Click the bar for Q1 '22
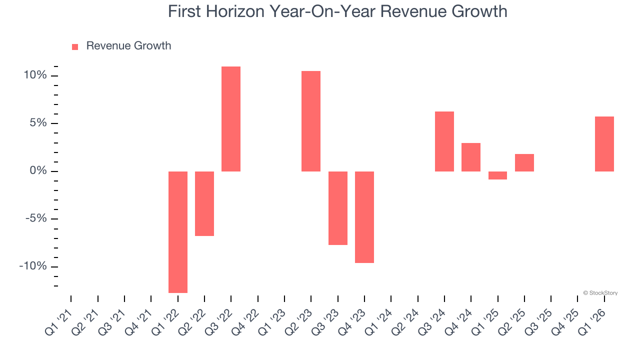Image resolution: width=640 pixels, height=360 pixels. pos(178,232)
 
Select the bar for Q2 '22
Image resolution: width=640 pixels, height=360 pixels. pos(204,203)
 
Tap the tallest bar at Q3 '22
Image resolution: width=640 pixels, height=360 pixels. pos(231,119)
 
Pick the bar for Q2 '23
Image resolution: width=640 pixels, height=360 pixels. pos(311,121)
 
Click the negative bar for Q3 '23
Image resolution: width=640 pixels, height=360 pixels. pos(338,208)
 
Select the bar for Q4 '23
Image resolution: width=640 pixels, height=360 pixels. pos(364,217)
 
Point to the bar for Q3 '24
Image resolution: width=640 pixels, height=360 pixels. pos(444,141)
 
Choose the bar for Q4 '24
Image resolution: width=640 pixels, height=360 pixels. pos(471,157)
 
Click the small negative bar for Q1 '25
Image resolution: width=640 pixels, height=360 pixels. pos(497,175)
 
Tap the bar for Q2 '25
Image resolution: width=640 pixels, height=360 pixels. pos(524,162)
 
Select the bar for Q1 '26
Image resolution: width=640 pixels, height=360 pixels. pos(604,144)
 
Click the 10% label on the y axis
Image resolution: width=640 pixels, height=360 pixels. pos(35,75)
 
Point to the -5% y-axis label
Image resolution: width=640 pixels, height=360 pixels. pos(35,218)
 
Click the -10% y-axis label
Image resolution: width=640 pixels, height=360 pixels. pos(33,266)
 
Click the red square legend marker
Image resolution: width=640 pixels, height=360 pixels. pos(75,46)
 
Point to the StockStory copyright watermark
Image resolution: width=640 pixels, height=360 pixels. pos(600,293)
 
